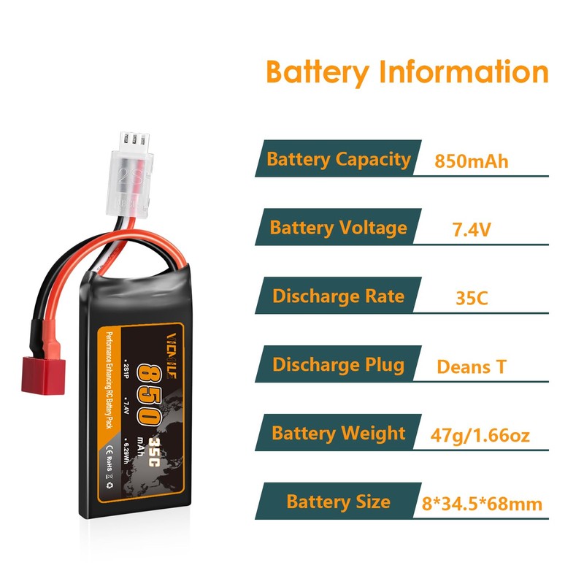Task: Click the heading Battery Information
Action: (407, 73)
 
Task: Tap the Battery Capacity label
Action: (339, 159)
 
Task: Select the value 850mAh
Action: (471, 161)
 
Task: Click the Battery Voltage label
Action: (338, 228)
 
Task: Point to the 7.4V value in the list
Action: (471, 229)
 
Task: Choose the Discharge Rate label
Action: (338, 296)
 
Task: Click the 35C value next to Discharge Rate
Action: (471, 298)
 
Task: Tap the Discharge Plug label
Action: (338, 364)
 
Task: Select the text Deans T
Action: (471, 366)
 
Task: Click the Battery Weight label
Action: (338, 433)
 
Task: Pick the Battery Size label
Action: (338, 502)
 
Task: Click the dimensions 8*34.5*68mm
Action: (482, 504)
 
